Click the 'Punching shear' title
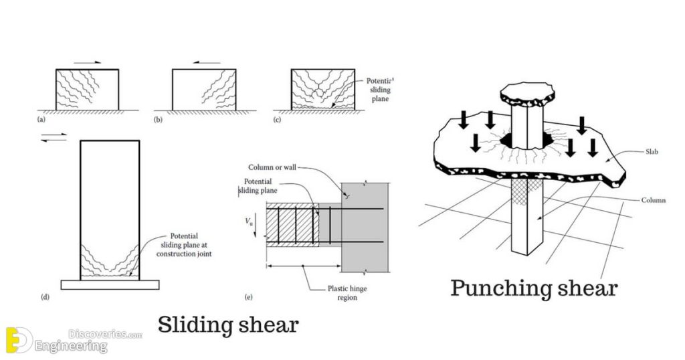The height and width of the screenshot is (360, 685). [x=534, y=288]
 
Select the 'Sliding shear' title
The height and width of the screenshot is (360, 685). [x=227, y=325]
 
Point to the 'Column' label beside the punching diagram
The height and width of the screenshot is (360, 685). [x=652, y=201]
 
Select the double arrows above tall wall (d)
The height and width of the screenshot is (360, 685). [x=54, y=137]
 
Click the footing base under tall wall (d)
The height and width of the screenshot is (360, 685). [x=110, y=284]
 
